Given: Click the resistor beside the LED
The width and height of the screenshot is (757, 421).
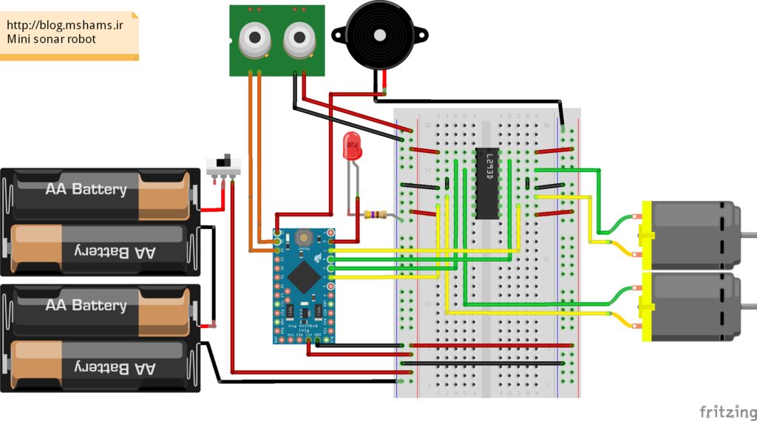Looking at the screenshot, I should [x=376, y=215].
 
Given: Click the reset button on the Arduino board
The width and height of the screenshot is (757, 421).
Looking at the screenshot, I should [x=302, y=238].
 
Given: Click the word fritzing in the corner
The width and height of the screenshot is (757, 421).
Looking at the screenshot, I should [x=727, y=411].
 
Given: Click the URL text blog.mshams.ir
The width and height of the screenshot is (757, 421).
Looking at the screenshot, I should [x=65, y=24].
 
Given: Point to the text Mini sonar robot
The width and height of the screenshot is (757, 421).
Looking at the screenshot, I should [x=52, y=38].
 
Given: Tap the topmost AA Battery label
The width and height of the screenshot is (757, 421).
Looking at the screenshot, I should [x=86, y=189].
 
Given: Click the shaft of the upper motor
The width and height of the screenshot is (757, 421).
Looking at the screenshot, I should [x=748, y=234].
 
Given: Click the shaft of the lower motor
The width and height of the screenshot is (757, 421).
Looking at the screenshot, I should [x=748, y=306].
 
